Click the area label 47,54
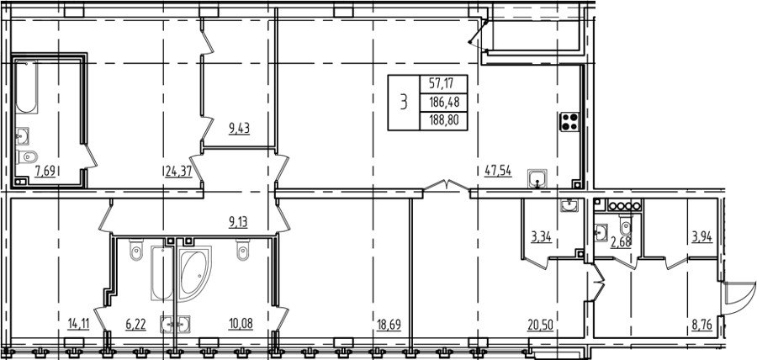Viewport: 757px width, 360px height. (497, 171)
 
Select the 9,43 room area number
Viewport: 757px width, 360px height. (240, 129)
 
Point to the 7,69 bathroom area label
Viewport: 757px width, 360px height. (45, 172)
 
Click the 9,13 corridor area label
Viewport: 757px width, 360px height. (237, 223)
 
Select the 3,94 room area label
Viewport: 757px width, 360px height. (702, 237)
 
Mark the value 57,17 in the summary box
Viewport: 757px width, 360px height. (443, 84)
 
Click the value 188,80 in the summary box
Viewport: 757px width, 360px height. (443, 120)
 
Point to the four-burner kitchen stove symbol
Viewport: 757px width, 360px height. (569, 121)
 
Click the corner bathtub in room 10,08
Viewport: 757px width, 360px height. (193, 273)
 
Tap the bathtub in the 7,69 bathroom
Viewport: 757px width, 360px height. (26, 87)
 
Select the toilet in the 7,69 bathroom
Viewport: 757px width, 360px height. (27, 156)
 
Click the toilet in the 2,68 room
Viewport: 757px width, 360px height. (626, 226)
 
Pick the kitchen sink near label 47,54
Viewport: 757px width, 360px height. (537, 178)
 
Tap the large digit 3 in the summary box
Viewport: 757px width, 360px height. (404, 103)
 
